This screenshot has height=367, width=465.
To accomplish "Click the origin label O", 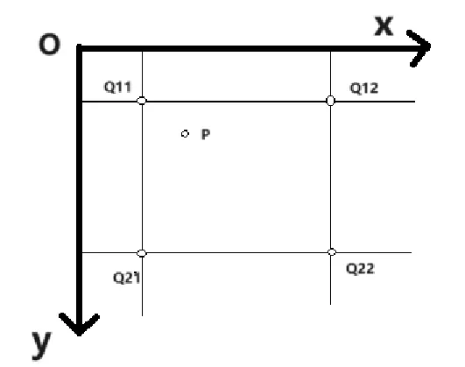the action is [x=50, y=44].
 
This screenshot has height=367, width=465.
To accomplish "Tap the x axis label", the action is [x=384, y=25].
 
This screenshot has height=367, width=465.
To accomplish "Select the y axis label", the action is [x=41, y=345].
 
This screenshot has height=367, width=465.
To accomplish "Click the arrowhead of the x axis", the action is [x=419, y=48].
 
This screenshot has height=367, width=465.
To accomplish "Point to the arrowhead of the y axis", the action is [x=79, y=325].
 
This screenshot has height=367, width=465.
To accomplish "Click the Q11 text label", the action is [x=117, y=87].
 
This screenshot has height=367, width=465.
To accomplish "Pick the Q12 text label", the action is [x=364, y=88].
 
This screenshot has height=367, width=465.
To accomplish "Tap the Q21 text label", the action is [x=127, y=278].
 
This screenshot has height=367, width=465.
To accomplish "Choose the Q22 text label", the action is [x=360, y=269].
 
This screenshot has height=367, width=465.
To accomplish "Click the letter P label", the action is [x=206, y=134].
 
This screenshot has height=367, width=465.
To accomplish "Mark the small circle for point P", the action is [x=185, y=134].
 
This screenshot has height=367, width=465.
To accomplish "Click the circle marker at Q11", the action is [x=142, y=101].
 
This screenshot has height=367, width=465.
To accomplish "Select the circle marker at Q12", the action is [x=331, y=101].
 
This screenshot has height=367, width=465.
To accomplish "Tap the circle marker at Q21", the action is [x=142, y=253].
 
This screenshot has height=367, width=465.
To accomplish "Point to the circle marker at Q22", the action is [x=332, y=252].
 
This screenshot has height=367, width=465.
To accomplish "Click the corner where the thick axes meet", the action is [x=79, y=48].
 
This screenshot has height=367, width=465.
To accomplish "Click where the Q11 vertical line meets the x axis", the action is [x=143, y=49].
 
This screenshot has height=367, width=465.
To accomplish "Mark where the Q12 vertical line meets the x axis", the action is [x=331, y=49].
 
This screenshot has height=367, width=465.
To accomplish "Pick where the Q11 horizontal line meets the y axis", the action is [x=79, y=102].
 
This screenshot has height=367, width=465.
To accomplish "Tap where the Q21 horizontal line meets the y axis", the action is [x=79, y=253].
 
